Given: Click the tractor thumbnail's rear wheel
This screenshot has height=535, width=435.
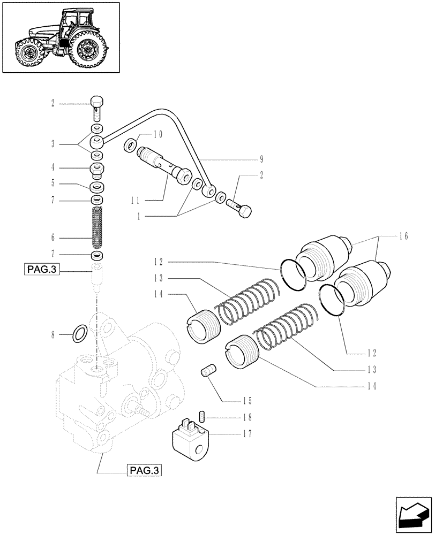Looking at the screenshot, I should coord(87,50).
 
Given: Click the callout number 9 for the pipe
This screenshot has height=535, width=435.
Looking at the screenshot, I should coord(262,159).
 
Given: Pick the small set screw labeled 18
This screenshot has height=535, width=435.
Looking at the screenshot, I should coord(203,415).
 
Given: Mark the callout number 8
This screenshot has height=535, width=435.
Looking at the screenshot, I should coord(53,334).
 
